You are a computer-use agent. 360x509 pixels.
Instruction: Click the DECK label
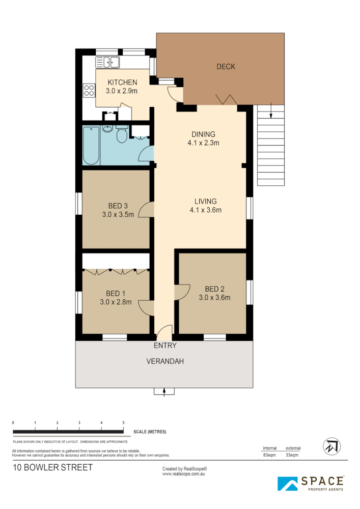pyautogui.click(x=226, y=67)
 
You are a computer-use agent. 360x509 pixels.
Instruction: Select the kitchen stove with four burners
pyautogui.click(x=89, y=90)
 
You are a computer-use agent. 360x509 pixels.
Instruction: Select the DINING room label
pyautogui.click(x=203, y=134)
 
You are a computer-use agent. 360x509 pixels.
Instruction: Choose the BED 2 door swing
pyautogui.click(x=180, y=292)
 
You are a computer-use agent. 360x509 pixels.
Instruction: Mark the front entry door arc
pyautogui.click(x=164, y=333)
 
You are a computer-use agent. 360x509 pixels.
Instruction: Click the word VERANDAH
pyautogui.click(x=164, y=362)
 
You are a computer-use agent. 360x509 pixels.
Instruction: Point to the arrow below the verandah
pyautogui.click(x=164, y=391)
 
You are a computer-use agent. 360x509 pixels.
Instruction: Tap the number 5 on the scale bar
pyautogui.click(x=123, y=423)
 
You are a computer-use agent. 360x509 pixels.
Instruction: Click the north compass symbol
pyautogui.click(x=331, y=447)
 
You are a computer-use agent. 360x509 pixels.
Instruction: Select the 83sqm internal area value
pyautogui.click(x=270, y=455)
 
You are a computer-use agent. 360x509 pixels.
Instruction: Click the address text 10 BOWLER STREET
pyautogui.click(x=53, y=467)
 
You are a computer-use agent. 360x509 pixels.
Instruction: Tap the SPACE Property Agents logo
pyautogui.click(x=311, y=483)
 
